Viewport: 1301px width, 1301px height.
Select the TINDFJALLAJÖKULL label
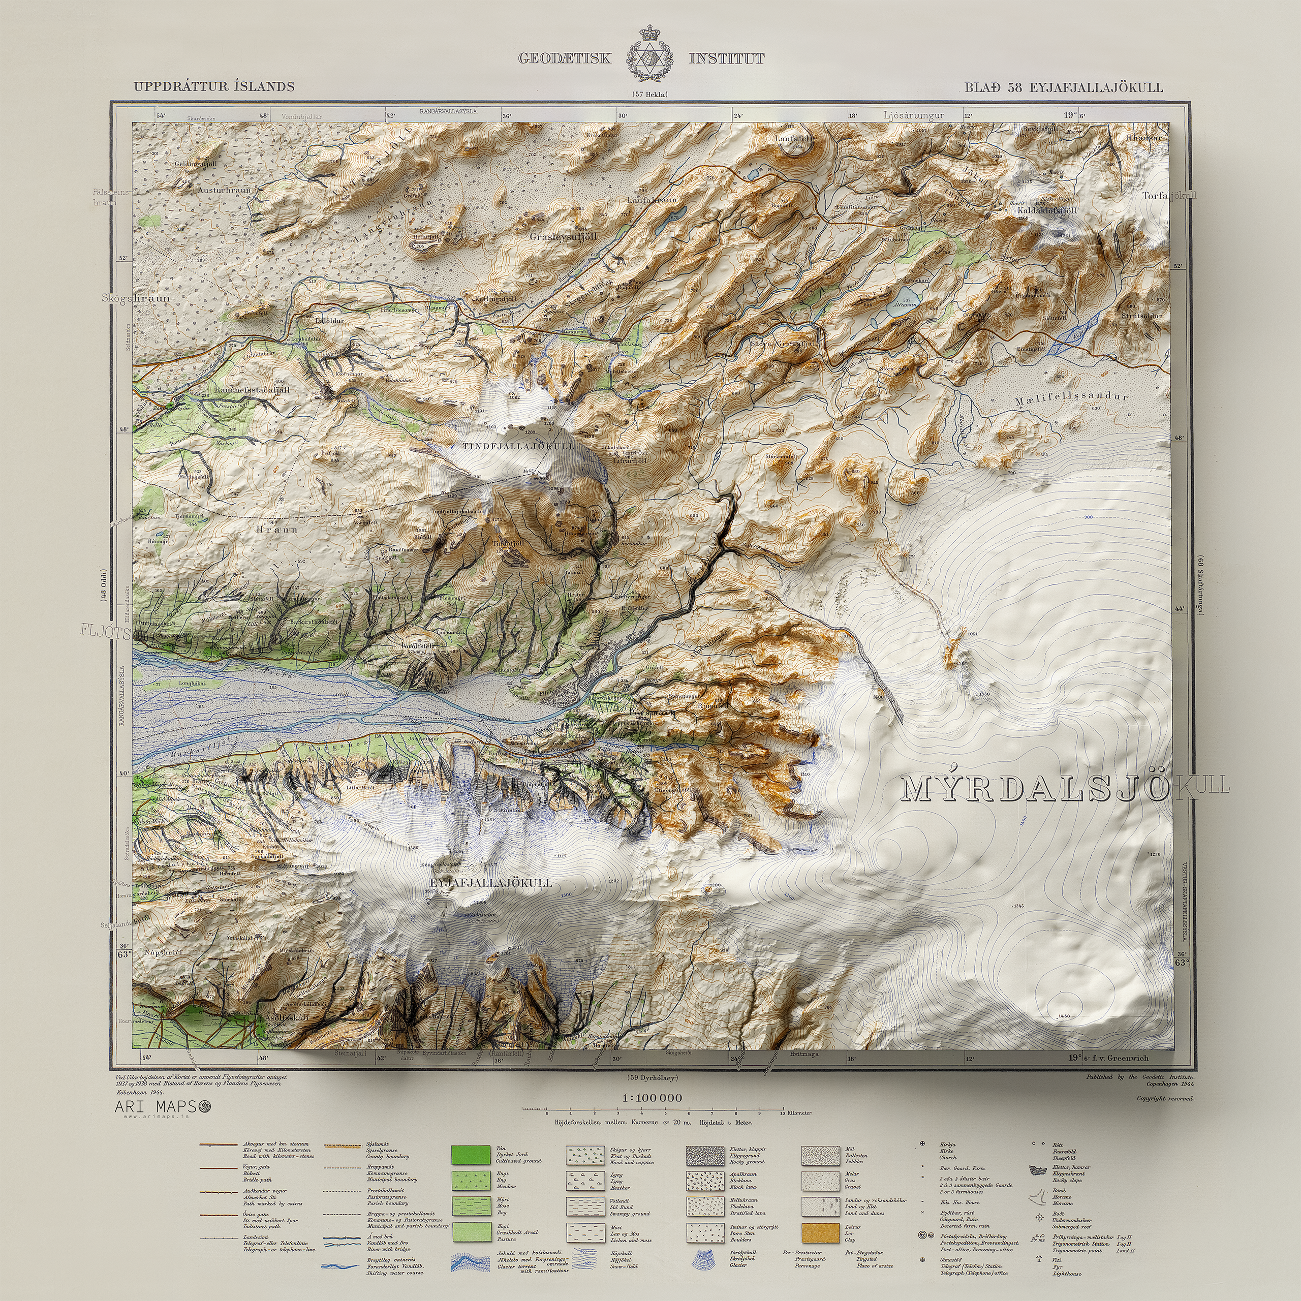tap(518, 446)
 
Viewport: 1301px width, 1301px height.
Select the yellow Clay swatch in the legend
tap(820, 1232)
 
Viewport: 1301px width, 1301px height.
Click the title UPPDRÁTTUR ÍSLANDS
tap(213, 86)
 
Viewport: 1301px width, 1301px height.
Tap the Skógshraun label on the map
tap(136, 297)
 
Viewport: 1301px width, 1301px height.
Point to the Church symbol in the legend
tap(923, 1144)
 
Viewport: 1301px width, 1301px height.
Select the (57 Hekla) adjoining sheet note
tap(650, 95)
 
